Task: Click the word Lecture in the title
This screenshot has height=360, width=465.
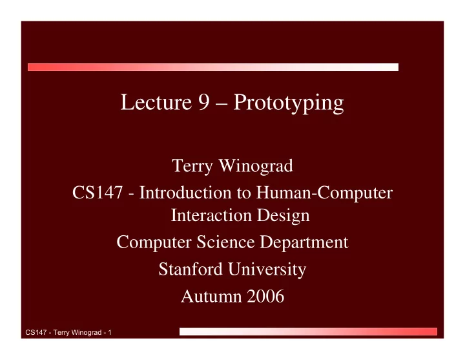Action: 156,102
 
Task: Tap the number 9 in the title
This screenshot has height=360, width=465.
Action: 204,102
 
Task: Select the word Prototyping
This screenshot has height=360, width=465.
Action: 289,103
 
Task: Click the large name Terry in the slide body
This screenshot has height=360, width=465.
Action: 192,166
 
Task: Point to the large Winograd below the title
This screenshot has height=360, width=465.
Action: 256,165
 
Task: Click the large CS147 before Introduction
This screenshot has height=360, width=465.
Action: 98,193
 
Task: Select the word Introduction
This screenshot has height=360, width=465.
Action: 185,193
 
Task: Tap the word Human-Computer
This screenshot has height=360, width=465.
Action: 324,193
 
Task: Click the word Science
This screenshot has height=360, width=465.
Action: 225,242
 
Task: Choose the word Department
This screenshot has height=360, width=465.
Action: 304,243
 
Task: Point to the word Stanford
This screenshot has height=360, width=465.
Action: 191,269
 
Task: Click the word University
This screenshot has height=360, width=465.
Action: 267,270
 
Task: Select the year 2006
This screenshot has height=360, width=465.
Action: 265,296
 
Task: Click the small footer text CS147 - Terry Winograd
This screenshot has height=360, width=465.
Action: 63,332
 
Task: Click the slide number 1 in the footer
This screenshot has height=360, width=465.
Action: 109,332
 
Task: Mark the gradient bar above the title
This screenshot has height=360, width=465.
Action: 213,67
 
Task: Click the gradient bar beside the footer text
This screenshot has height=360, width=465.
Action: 308,332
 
